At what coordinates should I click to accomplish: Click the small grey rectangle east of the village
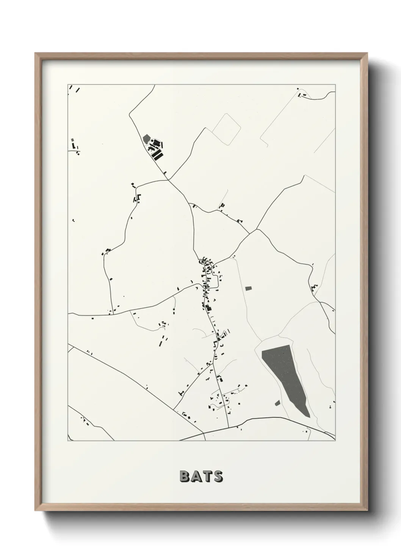pos(248,288)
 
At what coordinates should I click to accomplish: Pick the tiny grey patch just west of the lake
pos(277,403)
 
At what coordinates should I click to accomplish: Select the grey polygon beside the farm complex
pos(147,139)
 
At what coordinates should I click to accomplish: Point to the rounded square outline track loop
pos(226,129)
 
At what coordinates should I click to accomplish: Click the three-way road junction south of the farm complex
pos(169,180)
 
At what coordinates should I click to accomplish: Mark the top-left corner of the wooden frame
pos(35,53)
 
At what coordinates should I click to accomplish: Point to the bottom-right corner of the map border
pos(335,440)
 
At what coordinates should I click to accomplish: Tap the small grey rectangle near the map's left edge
pos(72,140)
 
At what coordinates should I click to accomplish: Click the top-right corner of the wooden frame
pos(367,53)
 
